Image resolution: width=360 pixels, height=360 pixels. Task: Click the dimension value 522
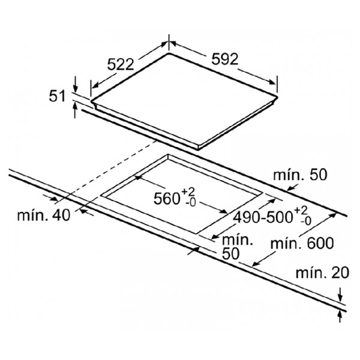[x=121, y=65]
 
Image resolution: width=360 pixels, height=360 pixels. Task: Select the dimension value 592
[x=225, y=59]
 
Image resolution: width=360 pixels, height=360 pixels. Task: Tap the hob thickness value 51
[x=57, y=96]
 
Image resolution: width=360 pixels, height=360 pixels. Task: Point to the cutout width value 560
[x=166, y=199]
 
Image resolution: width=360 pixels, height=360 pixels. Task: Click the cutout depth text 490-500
[x=263, y=217]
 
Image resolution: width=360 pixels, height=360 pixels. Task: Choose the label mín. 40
[x=43, y=215]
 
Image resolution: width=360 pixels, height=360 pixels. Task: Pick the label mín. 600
[x=302, y=244]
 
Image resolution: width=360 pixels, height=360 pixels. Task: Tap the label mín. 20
[x=322, y=273]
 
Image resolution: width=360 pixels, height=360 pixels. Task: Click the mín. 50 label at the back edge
[x=300, y=175]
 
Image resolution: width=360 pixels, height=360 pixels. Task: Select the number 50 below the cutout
[x=231, y=253]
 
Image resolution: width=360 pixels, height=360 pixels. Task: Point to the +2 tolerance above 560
[x=188, y=191]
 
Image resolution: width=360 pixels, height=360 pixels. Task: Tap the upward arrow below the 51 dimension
[x=75, y=110]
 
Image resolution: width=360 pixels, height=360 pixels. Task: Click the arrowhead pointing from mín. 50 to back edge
[x=290, y=188]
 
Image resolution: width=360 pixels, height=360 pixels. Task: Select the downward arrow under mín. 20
[x=340, y=295]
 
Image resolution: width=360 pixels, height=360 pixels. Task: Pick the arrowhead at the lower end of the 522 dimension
[x=95, y=85]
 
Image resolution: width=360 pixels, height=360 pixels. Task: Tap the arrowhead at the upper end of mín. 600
[x=332, y=215]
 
